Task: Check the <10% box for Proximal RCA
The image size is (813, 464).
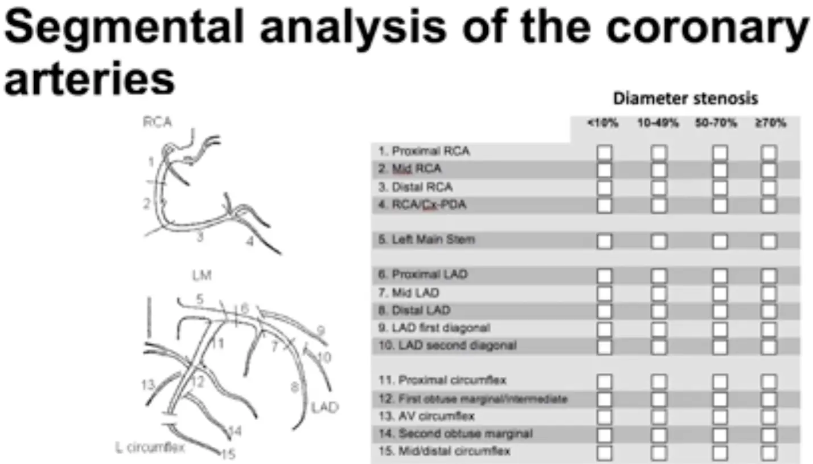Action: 604,152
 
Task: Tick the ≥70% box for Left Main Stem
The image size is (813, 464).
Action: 769,241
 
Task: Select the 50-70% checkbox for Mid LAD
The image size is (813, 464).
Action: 720,294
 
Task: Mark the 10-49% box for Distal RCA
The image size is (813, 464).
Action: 659,188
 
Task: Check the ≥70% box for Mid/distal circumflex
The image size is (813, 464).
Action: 769,453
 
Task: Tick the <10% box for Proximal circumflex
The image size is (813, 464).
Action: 604,381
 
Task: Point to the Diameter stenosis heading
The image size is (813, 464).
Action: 685,99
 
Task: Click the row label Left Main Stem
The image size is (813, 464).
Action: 426,240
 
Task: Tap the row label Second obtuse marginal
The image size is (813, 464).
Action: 455,434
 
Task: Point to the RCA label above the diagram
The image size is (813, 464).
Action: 157,123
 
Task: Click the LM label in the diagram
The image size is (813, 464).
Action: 202,276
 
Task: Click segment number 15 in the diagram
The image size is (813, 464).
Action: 228,454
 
